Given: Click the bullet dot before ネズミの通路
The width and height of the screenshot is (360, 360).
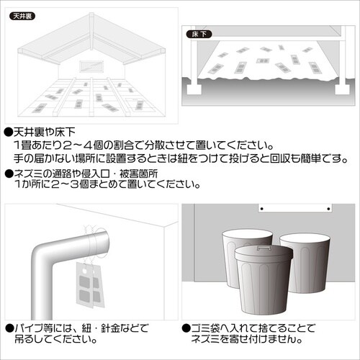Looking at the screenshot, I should [8, 172].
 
